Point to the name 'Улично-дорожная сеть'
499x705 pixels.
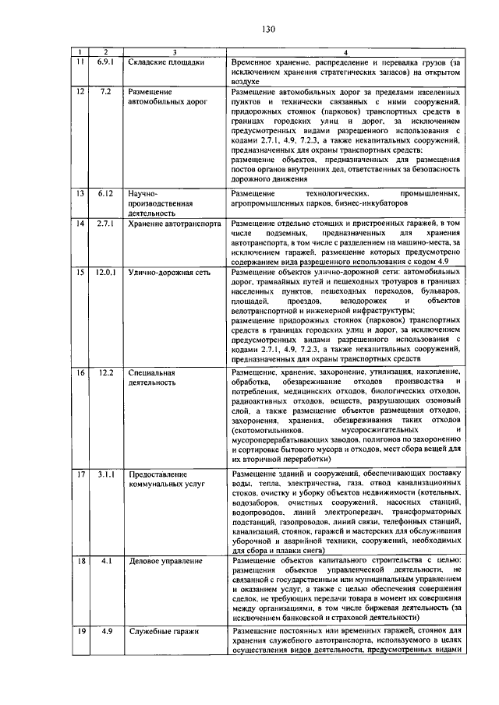(x=172, y=273)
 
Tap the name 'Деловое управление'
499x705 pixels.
(x=166, y=561)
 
